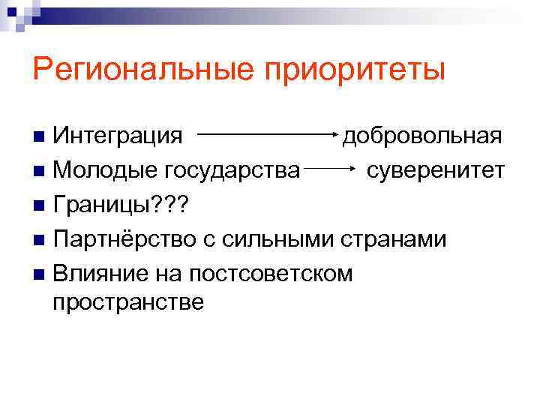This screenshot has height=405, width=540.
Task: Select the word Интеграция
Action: pos(118,136)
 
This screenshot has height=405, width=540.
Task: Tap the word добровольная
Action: pos(421,136)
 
